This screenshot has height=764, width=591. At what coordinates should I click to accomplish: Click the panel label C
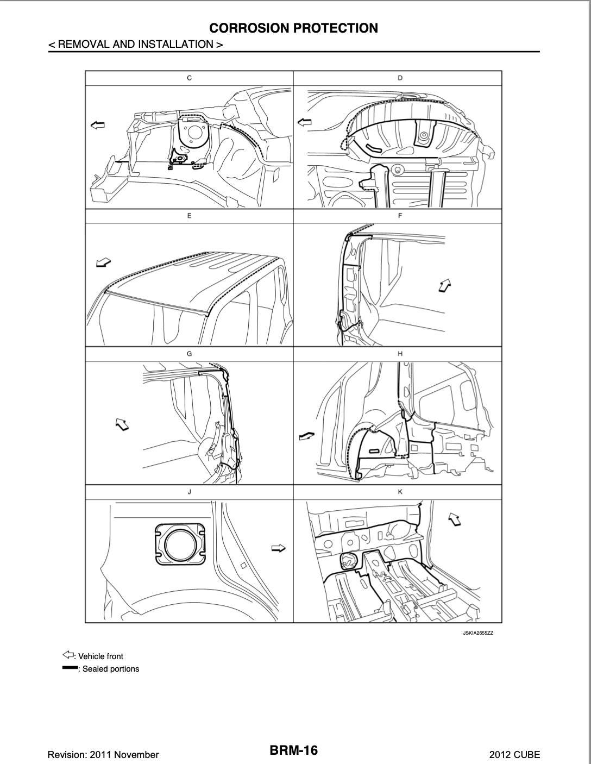[189, 78]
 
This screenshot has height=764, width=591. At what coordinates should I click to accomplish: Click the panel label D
[400, 78]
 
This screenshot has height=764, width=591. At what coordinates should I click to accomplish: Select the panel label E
[189, 216]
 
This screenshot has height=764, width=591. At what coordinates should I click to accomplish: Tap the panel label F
[400, 216]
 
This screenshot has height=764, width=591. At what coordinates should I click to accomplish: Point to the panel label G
[189, 354]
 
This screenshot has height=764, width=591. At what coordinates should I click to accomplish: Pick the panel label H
[400, 354]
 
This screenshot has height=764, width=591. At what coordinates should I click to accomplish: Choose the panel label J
[189, 492]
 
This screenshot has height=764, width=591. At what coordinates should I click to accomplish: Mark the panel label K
[400, 492]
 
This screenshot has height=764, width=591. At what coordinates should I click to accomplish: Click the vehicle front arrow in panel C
[97, 126]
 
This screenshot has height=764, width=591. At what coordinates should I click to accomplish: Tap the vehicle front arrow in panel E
[103, 262]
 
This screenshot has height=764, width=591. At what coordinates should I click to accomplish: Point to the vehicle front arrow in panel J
[278, 549]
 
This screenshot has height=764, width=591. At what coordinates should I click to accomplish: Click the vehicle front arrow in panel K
[454, 519]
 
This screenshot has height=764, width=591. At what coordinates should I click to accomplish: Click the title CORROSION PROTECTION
[293, 28]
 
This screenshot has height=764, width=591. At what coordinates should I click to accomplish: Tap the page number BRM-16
[294, 750]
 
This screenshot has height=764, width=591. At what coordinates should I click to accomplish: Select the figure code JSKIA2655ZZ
[478, 633]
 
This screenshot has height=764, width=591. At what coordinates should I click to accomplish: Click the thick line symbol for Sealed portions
[70, 668]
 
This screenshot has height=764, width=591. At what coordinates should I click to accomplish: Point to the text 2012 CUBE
[514, 754]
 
